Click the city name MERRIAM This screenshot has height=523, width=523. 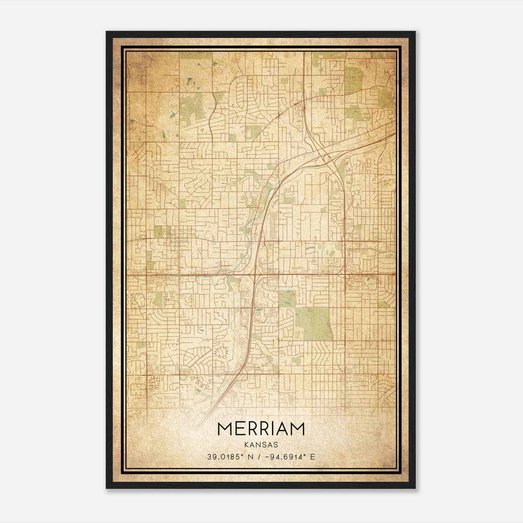point(261,429)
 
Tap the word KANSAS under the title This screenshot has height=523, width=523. point(261,445)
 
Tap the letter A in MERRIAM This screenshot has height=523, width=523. point(283,429)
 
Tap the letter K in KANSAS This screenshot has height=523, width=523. point(246,445)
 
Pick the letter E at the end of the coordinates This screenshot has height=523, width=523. point(313,457)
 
